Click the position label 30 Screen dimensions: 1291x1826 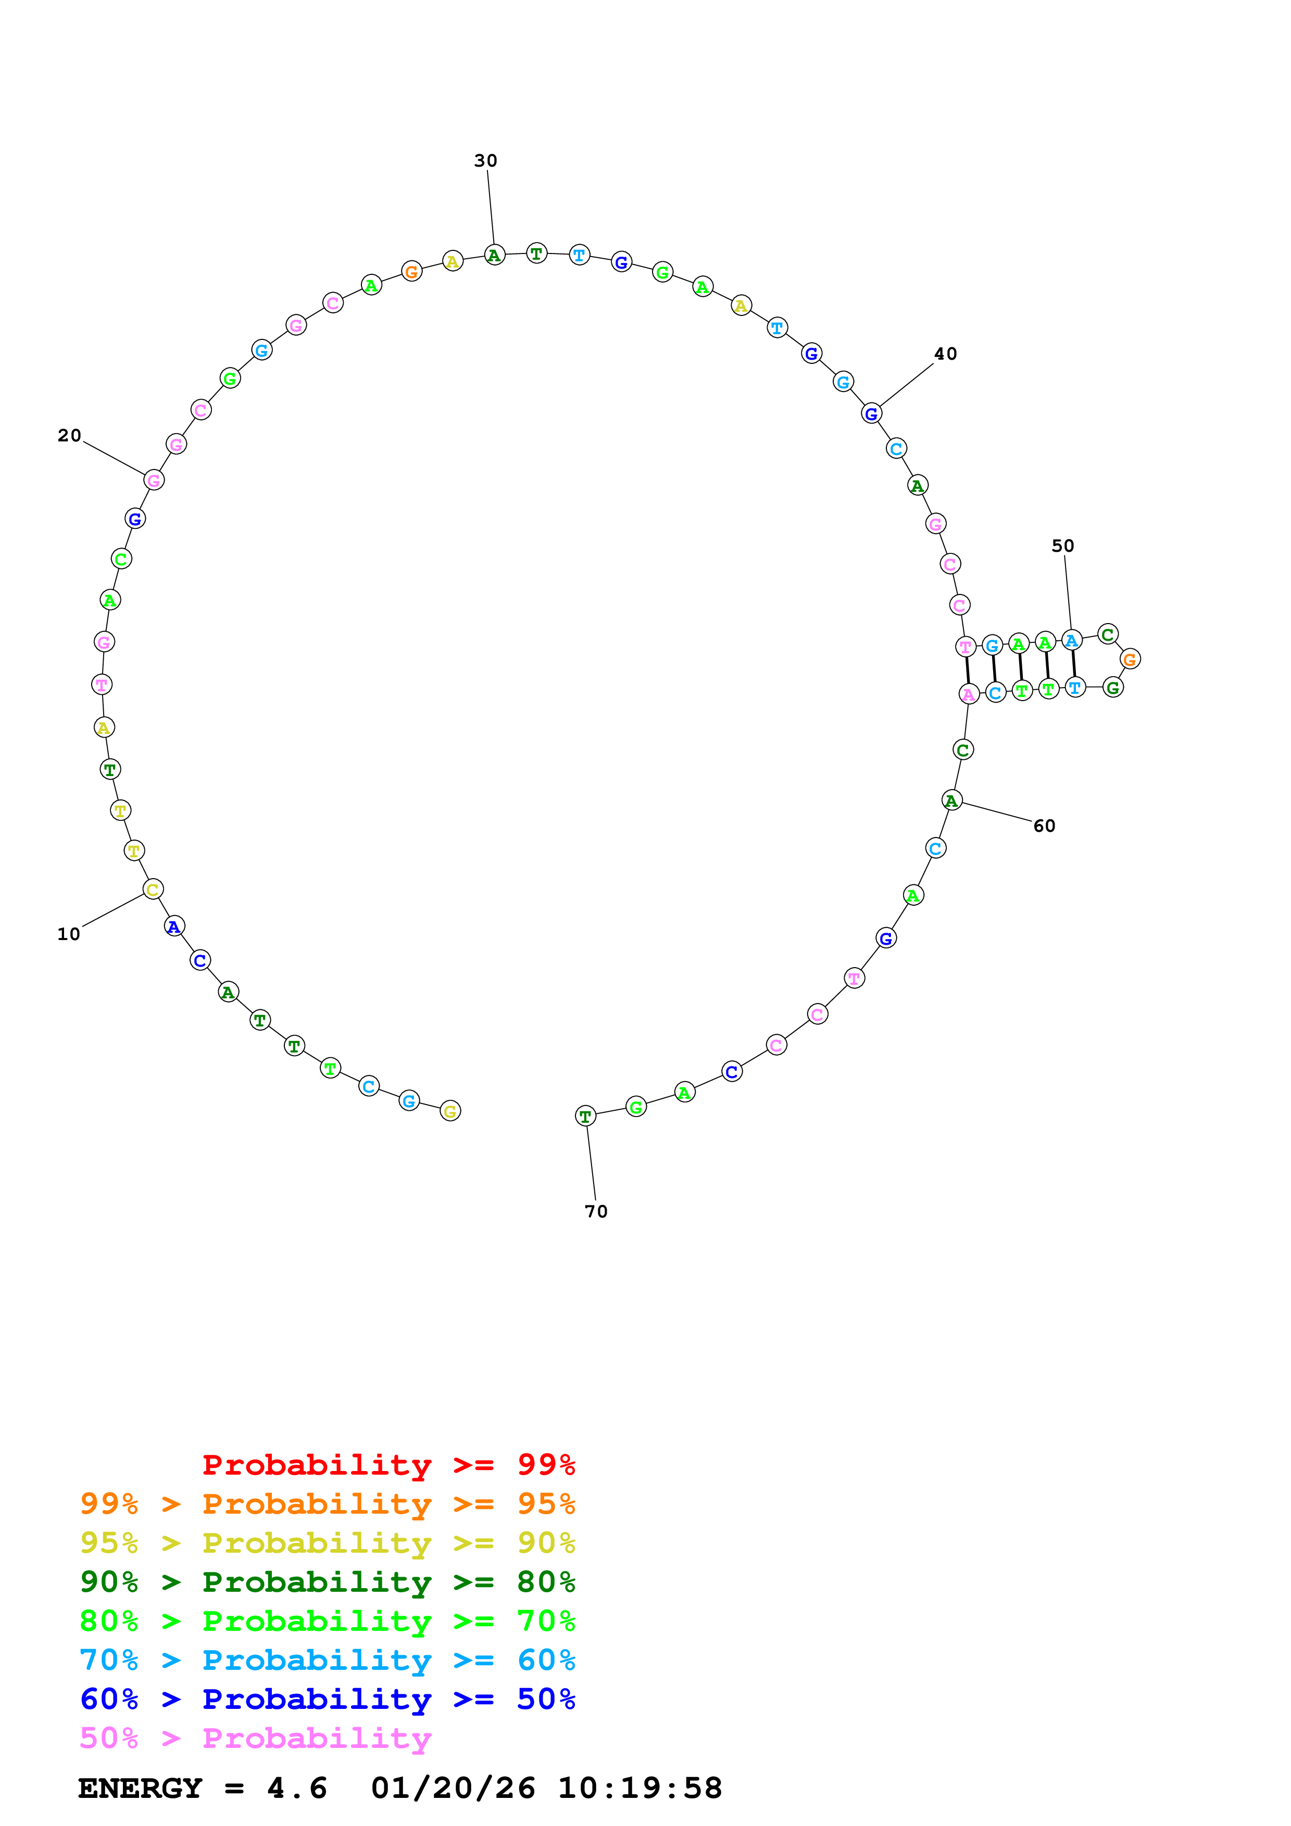point(485,161)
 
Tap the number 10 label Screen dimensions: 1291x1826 point(68,934)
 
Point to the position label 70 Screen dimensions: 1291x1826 point(596,1211)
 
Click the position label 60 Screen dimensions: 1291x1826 point(1045,826)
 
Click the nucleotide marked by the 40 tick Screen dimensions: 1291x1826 point(871,413)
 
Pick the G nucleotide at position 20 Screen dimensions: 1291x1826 point(154,480)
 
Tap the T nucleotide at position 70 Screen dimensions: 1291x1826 point(585,1117)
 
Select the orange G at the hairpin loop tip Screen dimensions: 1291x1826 point(1130,660)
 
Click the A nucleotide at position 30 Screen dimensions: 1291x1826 point(494,255)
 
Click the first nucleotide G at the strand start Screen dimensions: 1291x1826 point(450,1111)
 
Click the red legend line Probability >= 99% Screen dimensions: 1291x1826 point(388,1465)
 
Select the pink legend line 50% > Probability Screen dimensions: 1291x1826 point(255,1739)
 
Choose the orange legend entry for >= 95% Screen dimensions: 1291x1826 point(327,1504)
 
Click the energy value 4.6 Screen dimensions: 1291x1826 point(297,1789)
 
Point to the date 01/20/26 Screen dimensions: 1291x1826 point(453,1789)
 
